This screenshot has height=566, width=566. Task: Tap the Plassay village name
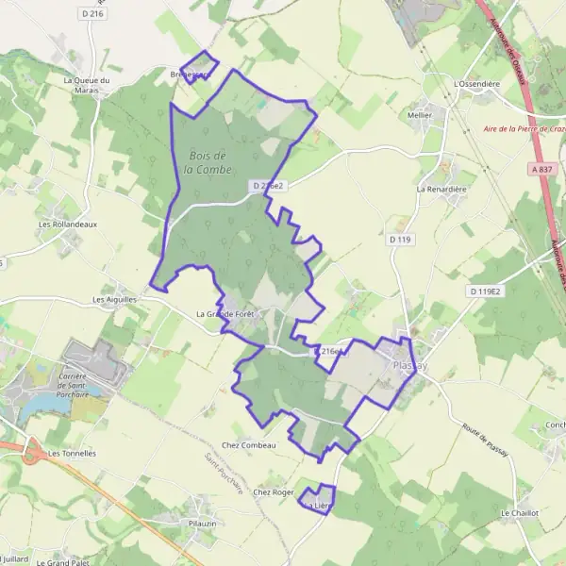click(x=409, y=366)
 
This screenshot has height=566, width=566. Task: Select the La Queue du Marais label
click(x=87, y=86)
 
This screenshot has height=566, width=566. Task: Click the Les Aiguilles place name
click(x=115, y=299)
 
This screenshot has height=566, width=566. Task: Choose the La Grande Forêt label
click(x=227, y=314)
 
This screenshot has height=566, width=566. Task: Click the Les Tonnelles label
click(x=72, y=453)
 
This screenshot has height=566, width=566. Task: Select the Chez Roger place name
click(x=275, y=491)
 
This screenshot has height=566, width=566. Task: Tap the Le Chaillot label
click(x=520, y=512)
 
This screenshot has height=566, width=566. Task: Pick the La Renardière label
click(x=442, y=189)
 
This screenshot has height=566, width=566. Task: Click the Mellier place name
click(x=420, y=114)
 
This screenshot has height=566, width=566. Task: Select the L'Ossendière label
click(x=476, y=83)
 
